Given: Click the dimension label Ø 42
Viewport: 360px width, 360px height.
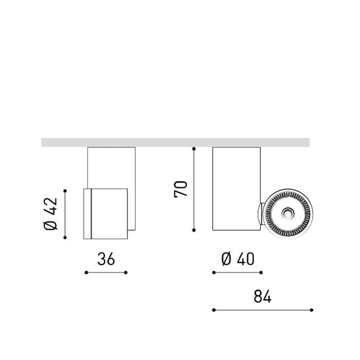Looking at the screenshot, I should tap(52, 214).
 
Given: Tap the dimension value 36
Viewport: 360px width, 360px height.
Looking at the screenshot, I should tap(105, 260).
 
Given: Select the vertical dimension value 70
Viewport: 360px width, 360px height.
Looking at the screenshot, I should tap(181, 189).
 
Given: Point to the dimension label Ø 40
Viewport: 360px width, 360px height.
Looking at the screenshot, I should tap(237, 260).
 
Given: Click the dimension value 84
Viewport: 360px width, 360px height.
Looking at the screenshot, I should tap(262, 297).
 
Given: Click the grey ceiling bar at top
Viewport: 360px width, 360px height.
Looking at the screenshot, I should tap(175, 142).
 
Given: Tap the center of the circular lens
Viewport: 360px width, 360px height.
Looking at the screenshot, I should tap(287, 213).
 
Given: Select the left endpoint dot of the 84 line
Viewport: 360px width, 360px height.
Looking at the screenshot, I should tap(213, 310).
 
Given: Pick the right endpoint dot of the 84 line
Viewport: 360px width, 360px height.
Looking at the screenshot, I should tap(312, 310).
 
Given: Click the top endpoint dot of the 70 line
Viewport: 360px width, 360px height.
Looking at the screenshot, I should tap(194, 149).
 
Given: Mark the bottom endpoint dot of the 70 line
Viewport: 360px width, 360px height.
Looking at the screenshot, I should tap(194, 230).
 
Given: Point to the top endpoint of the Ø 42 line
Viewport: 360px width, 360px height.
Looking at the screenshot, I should tap(65, 190).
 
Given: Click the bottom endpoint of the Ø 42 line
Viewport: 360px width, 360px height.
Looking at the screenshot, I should tap(65, 238).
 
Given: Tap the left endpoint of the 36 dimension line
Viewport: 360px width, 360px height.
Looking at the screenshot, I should tap(85, 273).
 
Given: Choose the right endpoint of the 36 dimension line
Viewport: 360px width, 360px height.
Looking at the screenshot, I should tap(126, 273).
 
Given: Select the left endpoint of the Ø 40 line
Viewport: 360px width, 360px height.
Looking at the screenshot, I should tap(213, 273).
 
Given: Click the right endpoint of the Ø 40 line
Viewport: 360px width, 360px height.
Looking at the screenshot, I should tap(261, 273).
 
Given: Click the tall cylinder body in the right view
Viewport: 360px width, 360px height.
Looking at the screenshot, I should tap(236, 188).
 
